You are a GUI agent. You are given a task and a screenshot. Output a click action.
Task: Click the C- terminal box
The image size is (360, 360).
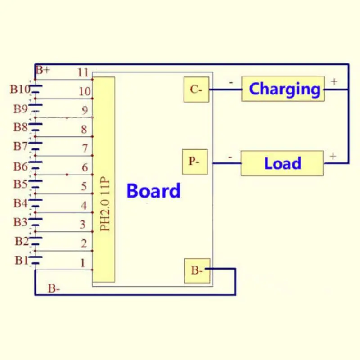point(196,90)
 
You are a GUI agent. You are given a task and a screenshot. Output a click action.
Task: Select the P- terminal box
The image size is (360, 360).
point(195,162)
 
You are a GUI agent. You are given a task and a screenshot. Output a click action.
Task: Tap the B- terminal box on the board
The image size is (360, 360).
point(197,270)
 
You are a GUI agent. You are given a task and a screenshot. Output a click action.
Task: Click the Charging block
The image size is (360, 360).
point(283,89)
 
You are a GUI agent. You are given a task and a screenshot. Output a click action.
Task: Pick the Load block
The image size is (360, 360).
point(282,163)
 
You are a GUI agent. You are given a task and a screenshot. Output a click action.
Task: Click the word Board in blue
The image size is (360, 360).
point(153,191)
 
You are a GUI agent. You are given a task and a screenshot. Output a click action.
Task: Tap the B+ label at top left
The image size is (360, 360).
point(43,70)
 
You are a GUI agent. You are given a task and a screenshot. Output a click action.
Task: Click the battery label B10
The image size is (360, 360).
point(20,89)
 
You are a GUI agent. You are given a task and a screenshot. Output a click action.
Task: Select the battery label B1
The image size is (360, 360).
point(21,260)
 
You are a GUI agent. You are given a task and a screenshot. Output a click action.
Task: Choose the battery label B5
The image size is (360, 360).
point(20,184)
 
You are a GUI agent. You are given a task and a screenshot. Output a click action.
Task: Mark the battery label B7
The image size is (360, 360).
point(20,146)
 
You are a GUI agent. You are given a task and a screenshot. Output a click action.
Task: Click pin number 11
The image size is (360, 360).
point(83,72)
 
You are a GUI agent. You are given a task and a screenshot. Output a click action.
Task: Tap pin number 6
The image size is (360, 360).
point(84,167)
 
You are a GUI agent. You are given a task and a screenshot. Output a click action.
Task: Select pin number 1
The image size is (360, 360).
point(82,263)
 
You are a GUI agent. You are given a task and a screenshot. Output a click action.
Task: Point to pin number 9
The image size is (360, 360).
point(84,110)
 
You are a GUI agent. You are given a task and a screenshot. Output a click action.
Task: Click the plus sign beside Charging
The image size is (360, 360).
point(334,81)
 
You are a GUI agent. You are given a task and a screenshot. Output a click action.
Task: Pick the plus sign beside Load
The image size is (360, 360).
point(333,156)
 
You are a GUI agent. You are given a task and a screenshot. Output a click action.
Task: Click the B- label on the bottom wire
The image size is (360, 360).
point(54,288)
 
